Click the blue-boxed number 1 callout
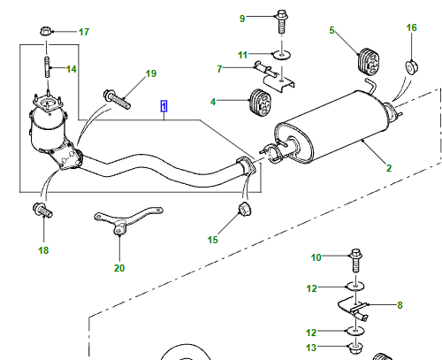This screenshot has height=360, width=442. point(164,106)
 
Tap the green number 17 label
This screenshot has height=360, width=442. point(84,32)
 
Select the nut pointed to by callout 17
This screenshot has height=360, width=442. point(46,31)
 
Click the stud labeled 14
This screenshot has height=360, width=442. point(48,67)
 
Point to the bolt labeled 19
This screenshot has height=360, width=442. point(117,99)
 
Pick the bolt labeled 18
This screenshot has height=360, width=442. point(42,210)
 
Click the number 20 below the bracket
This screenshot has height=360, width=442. point(119,268)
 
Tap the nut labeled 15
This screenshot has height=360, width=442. point(244,209)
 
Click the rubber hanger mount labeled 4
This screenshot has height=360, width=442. point(260,102)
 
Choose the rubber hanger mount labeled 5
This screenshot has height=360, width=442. point(368,61)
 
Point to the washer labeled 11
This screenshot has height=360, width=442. point(282,55)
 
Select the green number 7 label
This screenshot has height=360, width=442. point(219,69)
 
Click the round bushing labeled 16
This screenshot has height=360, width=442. point(412,67)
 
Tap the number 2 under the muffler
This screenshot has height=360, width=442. point(389,168)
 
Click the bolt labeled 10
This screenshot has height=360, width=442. point(356,261)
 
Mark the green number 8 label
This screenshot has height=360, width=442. point(400,305)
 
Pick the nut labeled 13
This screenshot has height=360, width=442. point(356,349)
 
